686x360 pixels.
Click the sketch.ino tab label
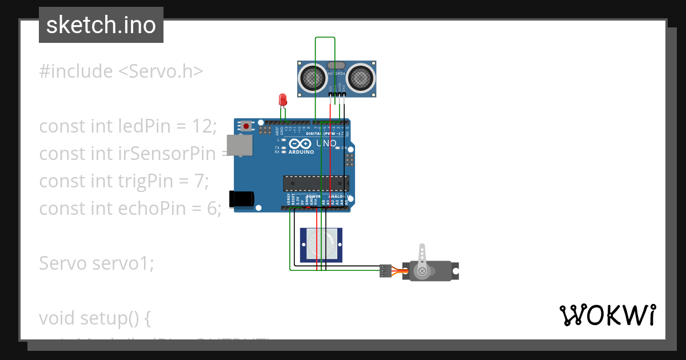pos(101,25)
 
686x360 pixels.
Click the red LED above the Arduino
pos(282,99)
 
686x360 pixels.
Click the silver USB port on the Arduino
pos(239,145)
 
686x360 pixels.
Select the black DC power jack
pos(241,198)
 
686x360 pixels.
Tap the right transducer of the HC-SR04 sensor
pos(361,78)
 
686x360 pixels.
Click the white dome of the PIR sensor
pos(321,245)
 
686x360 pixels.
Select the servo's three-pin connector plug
pos(386,271)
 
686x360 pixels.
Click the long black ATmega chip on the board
pos(316,183)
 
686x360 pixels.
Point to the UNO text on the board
pos(326,143)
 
